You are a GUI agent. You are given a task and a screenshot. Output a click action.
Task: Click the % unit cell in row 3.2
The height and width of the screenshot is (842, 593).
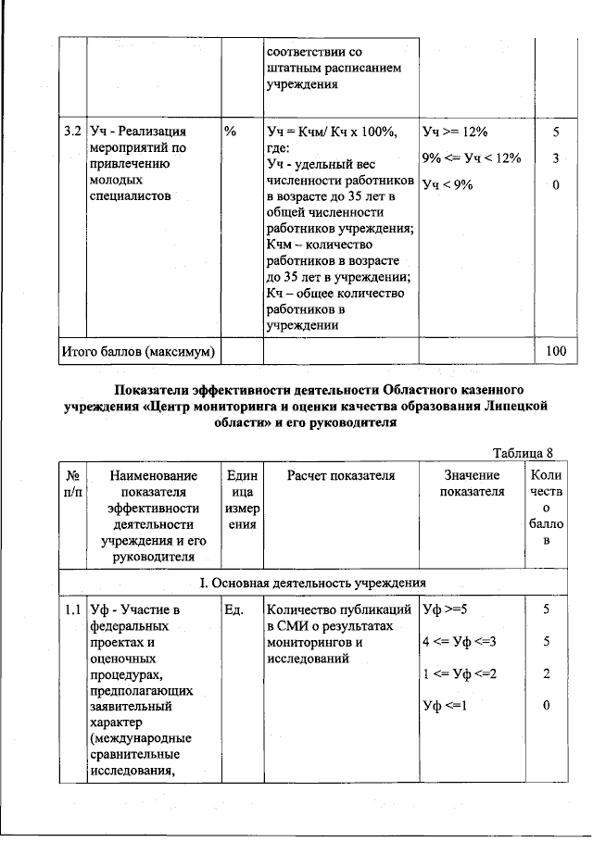click(x=231, y=132)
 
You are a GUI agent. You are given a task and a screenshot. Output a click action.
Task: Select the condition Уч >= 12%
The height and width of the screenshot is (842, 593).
click(x=454, y=132)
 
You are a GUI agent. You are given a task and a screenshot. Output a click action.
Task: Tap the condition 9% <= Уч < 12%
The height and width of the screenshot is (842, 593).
click(x=472, y=158)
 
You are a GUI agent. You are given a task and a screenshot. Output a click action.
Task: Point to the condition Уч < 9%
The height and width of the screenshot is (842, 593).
click(x=448, y=185)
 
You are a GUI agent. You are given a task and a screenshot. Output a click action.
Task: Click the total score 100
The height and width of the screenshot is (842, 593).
click(x=556, y=351)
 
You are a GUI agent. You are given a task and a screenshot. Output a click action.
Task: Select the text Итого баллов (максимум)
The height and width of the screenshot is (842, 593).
click(x=138, y=351)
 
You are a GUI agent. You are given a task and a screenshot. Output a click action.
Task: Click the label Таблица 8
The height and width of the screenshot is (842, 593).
click(x=523, y=453)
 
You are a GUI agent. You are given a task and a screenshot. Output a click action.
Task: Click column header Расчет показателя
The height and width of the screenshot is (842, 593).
click(x=341, y=475)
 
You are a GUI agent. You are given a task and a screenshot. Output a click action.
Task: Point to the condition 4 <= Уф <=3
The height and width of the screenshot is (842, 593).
click(x=460, y=642)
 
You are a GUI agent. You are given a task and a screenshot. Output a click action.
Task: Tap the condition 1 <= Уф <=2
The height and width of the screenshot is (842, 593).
click(x=460, y=674)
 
